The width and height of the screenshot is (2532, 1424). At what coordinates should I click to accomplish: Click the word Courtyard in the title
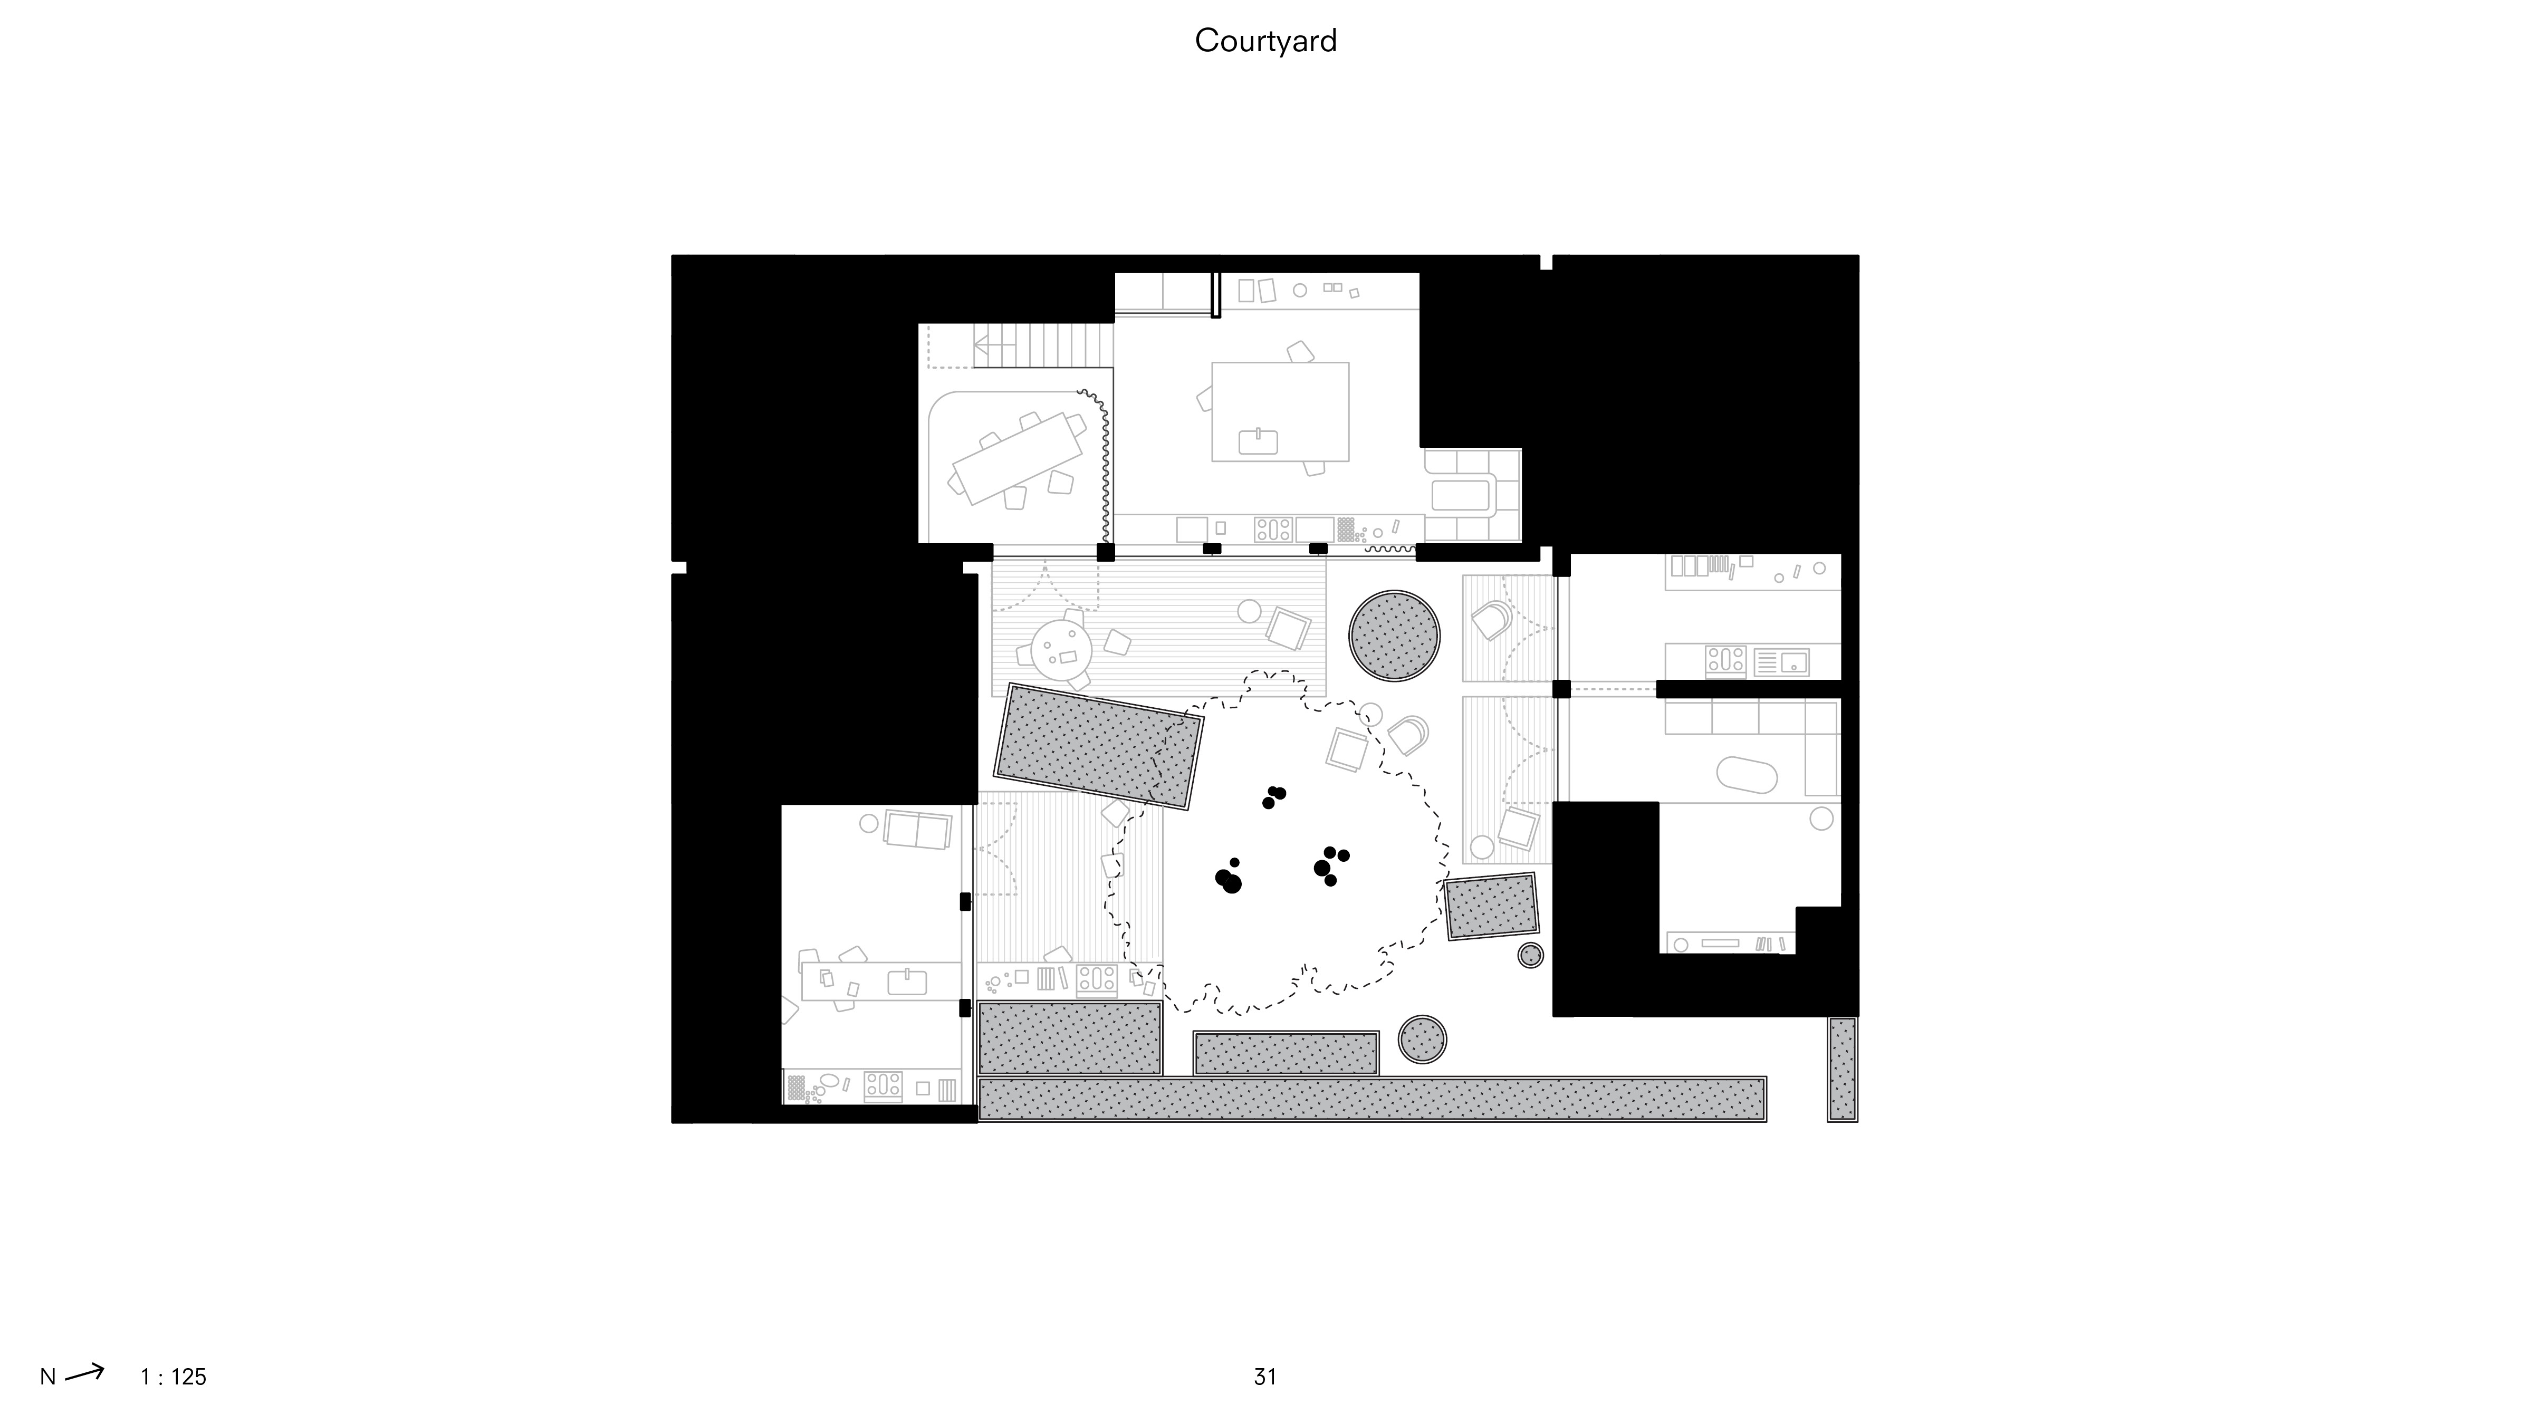pyautogui.click(x=1265, y=40)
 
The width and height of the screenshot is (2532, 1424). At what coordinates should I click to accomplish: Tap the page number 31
pyautogui.click(x=1265, y=1377)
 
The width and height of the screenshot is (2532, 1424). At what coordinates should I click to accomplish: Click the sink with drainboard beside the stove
pyautogui.click(x=1781, y=661)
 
